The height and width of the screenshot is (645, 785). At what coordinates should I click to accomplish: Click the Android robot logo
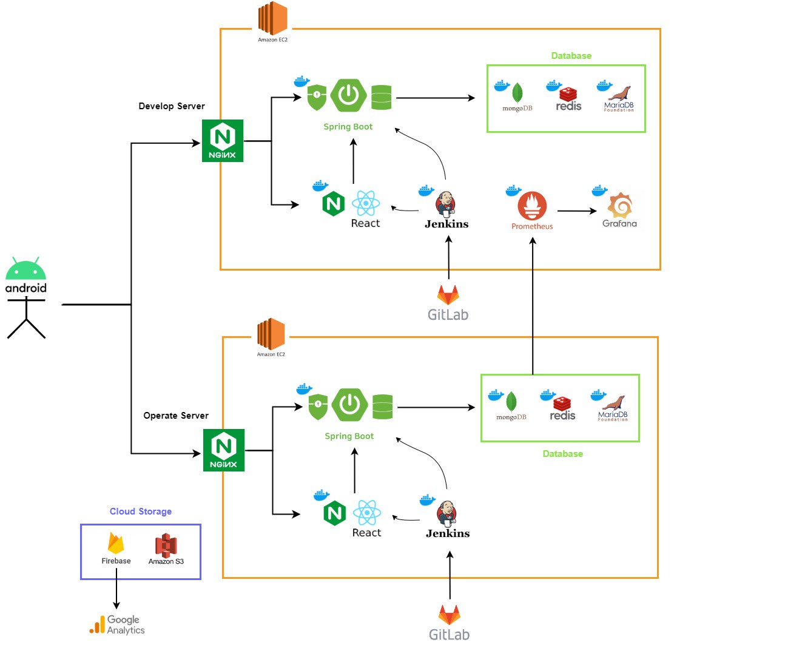[25, 268]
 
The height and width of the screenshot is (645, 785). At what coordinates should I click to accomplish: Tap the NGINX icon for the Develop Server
[223, 141]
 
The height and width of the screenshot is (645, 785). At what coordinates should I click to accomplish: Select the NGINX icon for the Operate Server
[224, 450]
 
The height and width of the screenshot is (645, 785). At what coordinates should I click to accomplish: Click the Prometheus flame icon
[532, 206]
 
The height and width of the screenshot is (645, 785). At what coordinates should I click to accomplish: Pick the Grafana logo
[620, 206]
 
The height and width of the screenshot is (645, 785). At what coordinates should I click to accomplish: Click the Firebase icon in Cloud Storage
[116, 543]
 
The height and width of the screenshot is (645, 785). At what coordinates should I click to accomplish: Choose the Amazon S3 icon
[166, 545]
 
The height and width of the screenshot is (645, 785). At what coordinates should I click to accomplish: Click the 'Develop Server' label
[172, 106]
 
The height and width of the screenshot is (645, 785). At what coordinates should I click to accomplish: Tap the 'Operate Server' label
[176, 416]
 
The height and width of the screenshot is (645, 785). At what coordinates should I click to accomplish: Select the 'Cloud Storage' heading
[141, 512]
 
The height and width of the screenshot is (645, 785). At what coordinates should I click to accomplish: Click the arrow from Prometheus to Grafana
[576, 211]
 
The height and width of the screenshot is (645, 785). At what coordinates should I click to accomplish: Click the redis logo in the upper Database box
[568, 95]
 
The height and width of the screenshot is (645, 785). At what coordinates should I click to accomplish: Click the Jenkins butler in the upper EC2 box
[446, 204]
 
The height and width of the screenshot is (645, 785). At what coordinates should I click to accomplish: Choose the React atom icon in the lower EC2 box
[367, 513]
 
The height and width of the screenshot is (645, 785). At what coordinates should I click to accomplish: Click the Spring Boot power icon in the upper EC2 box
[349, 95]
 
